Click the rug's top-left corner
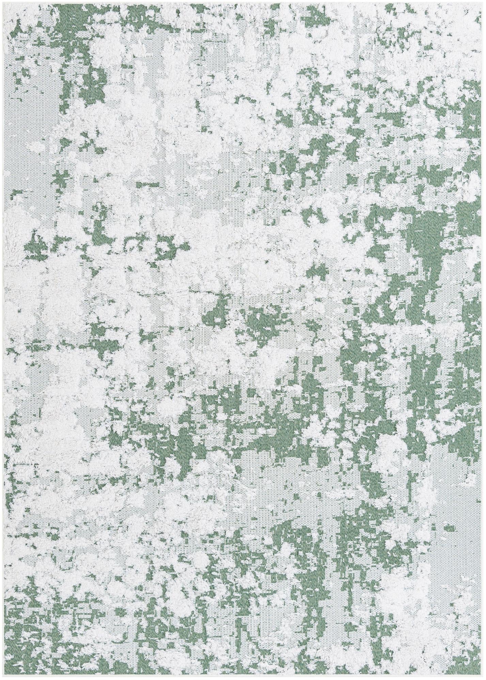point(3,3)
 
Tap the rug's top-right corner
point(483,3)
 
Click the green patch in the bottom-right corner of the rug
point(472,666)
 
